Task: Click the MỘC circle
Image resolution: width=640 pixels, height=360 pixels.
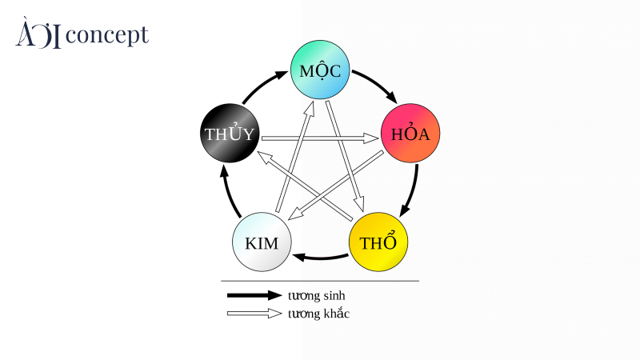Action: (x=320, y=70)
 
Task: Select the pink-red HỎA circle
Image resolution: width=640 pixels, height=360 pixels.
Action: (x=410, y=133)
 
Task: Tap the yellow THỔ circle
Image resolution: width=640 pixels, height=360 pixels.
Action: (x=378, y=242)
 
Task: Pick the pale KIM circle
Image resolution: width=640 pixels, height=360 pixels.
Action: (x=262, y=242)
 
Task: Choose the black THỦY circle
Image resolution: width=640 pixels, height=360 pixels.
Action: (x=230, y=133)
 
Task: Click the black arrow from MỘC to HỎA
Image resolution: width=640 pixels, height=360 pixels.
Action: (x=378, y=83)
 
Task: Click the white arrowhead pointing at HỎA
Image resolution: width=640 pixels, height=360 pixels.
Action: (x=371, y=138)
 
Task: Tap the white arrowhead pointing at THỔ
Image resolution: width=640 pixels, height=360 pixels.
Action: (x=358, y=203)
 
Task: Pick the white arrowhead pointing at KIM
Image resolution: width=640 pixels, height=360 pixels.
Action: (x=296, y=214)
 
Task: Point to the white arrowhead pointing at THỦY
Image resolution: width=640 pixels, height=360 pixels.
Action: (x=266, y=158)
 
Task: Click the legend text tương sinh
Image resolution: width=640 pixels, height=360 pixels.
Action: (x=316, y=295)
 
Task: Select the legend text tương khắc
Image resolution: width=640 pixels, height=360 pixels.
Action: (x=318, y=314)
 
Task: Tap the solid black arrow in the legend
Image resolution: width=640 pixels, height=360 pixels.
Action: (x=254, y=295)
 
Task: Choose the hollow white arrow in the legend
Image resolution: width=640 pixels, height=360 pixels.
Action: (x=254, y=314)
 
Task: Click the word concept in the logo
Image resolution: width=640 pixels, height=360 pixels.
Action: (x=107, y=35)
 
